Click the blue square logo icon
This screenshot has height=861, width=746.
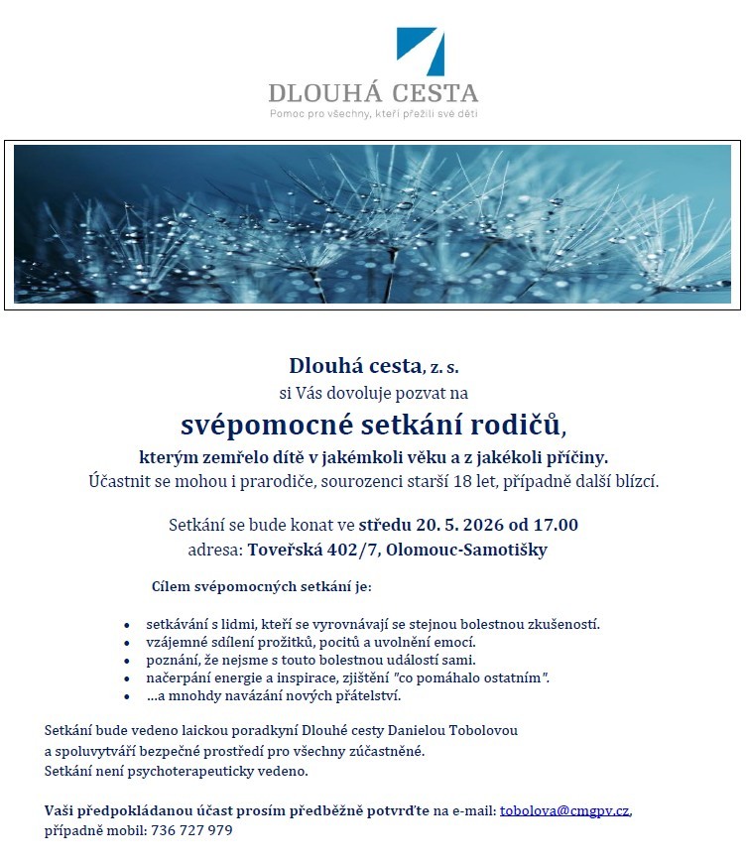point(420,52)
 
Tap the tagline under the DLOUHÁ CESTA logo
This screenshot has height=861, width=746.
point(373,114)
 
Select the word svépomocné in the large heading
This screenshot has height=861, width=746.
point(269,425)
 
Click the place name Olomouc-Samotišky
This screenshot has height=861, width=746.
point(468,550)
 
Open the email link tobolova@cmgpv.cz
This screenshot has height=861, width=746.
point(564,810)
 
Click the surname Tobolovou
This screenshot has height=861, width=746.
point(481,731)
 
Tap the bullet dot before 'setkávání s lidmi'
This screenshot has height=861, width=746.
point(126,626)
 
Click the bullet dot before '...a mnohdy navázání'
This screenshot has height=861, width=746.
point(126,696)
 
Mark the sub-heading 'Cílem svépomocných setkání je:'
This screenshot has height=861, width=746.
point(261,586)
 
